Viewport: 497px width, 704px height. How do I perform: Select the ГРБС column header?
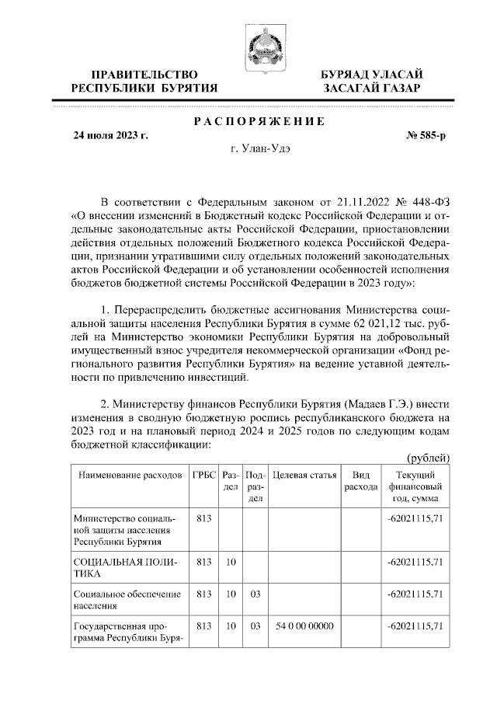click(x=204, y=475)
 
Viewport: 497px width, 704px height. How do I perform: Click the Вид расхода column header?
click(x=360, y=480)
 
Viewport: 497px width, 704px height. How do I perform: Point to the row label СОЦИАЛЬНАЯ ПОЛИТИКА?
click(x=124, y=567)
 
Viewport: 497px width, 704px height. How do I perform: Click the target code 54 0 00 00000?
click(x=304, y=626)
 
